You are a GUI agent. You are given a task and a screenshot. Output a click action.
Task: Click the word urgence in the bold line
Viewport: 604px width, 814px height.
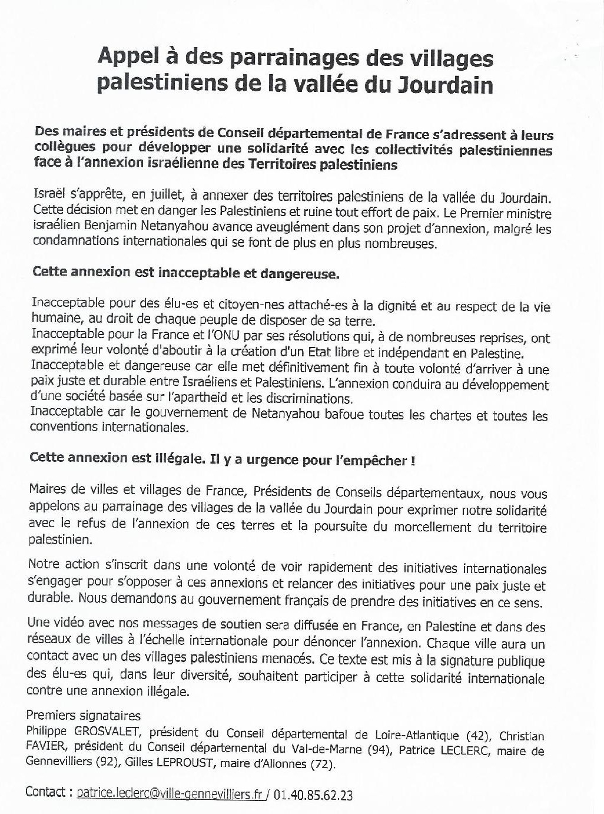(276, 460)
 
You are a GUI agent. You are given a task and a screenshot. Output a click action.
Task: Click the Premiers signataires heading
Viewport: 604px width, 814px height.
(84, 716)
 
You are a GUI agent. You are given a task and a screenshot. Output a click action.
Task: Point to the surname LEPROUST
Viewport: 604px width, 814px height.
(191, 764)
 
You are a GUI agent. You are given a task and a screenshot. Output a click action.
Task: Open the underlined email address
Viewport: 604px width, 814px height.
(172, 794)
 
